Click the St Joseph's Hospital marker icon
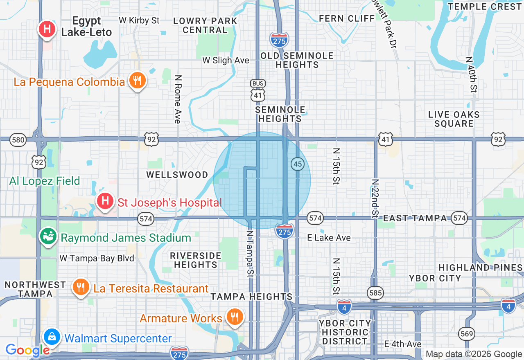pos(105,201)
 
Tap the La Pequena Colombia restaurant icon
pos(138,81)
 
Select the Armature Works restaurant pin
pos(234,317)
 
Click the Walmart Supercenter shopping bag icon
pos(52,337)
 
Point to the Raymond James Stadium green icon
pos(48,237)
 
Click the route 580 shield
pos(18,140)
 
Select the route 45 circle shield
pos(298,164)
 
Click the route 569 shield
pos(466,333)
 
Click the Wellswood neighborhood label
pos(177,175)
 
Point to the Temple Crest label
pos(484,7)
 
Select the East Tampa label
pos(415,218)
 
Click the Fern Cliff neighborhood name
pos(347,18)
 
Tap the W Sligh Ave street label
pos(226,61)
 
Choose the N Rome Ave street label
pos(177,99)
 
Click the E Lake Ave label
pos(329,238)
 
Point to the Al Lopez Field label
pos(45,181)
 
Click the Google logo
pos(27,350)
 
